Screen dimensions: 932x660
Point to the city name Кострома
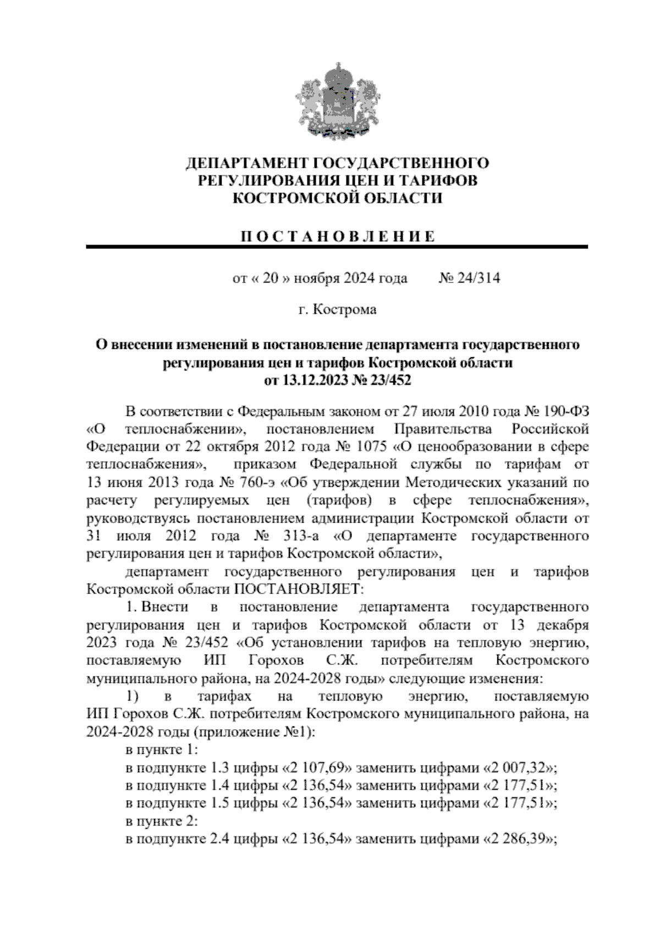pos(345,309)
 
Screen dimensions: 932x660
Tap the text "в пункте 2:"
pos(158,822)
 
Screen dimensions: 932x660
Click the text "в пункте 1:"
pos(158,751)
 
